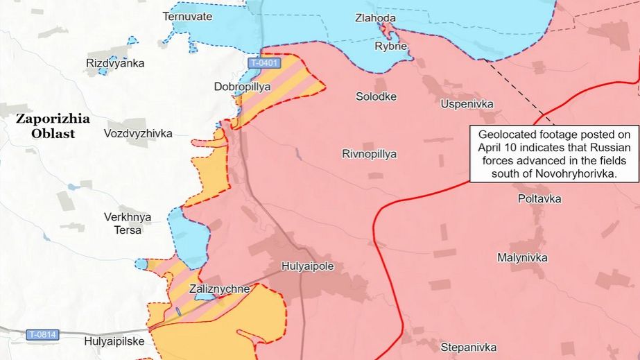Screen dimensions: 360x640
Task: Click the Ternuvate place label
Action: tap(187, 16)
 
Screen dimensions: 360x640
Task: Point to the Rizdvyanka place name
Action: tap(115, 63)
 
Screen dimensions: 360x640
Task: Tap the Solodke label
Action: tap(376, 96)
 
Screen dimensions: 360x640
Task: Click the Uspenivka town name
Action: tap(467, 103)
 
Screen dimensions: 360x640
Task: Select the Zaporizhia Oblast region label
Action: tap(55, 126)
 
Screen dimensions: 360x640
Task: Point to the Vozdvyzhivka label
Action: tap(138, 133)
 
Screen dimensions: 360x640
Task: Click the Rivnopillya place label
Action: tap(369, 154)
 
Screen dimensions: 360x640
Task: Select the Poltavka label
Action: tap(539, 199)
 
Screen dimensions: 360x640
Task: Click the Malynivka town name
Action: tap(522, 258)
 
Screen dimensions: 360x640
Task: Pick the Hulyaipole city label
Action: tap(308, 266)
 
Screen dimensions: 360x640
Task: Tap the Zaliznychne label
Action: tap(219, 289)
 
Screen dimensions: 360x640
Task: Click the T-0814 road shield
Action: tap(43, 335)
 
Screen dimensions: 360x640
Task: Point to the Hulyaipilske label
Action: tap(114, 341)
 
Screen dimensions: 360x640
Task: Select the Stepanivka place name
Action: tap(468, 346)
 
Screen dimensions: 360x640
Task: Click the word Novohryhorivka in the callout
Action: tap(575, 174)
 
